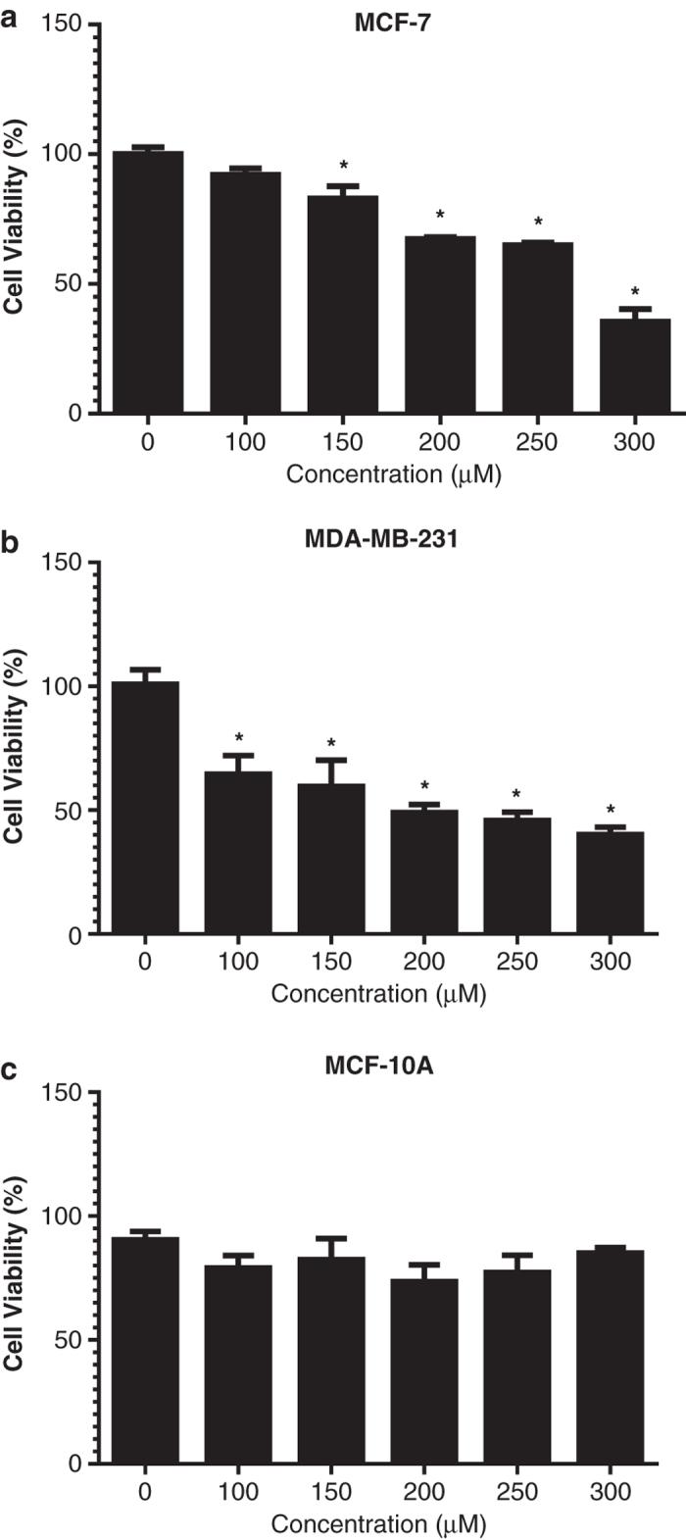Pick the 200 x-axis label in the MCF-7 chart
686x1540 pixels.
tap(440, 443)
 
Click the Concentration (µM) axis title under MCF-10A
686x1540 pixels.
tap(377, 1524)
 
